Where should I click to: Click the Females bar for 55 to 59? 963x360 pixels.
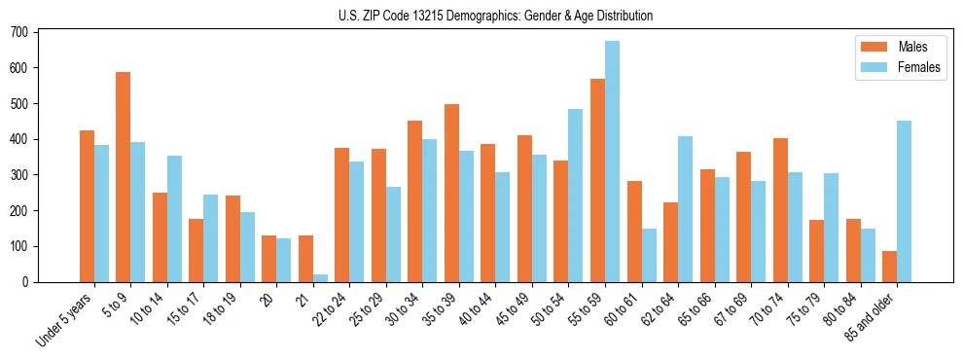(612, 162)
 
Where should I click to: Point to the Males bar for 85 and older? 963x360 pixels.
(889, 267)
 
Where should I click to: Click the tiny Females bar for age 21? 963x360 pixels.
(320, 278)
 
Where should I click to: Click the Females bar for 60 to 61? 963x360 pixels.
(649, 255)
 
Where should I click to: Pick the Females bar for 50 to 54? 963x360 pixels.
(576, 196)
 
